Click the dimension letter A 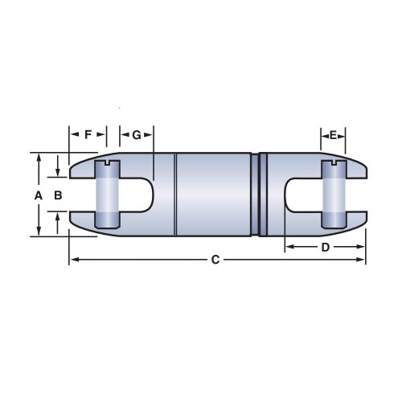point(37,195)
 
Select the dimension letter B point(57,195)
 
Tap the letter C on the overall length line point(215,260)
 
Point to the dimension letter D point(325,248)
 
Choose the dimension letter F point(88,135)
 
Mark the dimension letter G point(137,135)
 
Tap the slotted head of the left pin point(107,166)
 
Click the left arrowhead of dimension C point(73,260)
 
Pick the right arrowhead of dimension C point(363,260)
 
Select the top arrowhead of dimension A point(38,158)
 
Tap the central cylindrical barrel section point(213,195)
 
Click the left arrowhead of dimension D point(289,248)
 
